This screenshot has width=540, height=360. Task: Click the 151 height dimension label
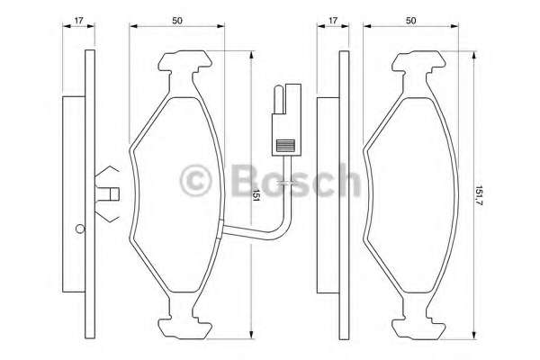tap(256, 195)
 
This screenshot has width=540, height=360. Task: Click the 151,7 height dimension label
tap(479, 195)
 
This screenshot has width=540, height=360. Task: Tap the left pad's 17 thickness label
tap(79, 21)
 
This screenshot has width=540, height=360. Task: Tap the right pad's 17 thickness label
tap(333, 21)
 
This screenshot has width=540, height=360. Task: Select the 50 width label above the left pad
tap(177, 21)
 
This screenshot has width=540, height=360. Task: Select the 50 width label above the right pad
tap(410, 21)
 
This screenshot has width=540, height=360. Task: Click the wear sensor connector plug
tap(286, 120)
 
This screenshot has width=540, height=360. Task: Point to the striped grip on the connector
tap(285, 146)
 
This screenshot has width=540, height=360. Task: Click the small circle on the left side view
tap(80, 229)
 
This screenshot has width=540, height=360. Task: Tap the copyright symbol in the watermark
tap(195, 181)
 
